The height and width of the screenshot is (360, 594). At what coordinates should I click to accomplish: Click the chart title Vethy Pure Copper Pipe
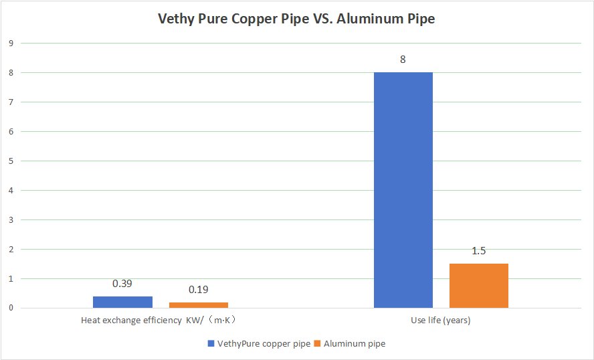click(x=296, y=19)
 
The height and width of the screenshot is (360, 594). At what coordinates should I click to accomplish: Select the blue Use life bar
click(x=403, y=190)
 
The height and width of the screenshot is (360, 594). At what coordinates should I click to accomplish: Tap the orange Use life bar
click(x=479, y=286)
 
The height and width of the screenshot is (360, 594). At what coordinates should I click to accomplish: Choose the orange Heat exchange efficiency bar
click(x=198, y=305)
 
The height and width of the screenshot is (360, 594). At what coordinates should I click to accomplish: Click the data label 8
click(x=403, y=60)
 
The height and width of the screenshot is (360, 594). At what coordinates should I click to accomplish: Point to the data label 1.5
click(x=479, y=251)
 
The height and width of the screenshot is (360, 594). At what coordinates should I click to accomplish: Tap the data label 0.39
click(x=122, y=284)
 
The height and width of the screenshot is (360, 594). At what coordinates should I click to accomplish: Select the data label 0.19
click(x=198, y=290)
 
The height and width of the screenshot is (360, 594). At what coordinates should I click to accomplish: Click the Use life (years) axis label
click(x=441, y=321)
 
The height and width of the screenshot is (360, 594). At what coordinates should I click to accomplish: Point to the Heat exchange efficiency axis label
click(x=159, y=321)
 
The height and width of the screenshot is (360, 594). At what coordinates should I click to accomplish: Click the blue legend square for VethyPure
click(x=211, y=344)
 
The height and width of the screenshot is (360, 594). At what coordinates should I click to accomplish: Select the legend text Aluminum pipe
click(x=355, y=344)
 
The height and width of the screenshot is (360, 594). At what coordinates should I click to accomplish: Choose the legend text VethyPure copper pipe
click(x=264, y=344)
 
